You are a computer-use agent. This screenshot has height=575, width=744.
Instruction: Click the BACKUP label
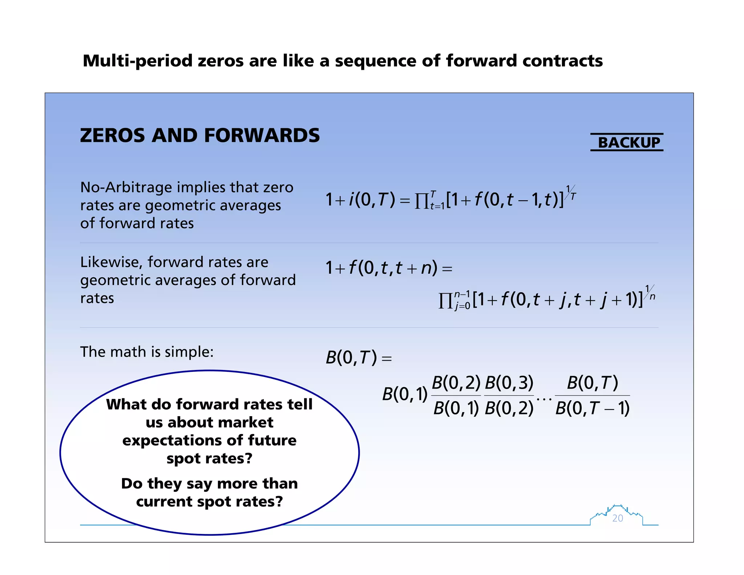tap(628, 142)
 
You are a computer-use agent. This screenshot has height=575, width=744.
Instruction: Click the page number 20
tap(618, 518)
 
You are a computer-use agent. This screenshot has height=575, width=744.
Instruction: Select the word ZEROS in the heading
tap(111, 136)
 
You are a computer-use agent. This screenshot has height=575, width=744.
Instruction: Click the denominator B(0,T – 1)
tap(593, 408)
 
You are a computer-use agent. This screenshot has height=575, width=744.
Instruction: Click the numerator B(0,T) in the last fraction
tap(593, 383)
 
